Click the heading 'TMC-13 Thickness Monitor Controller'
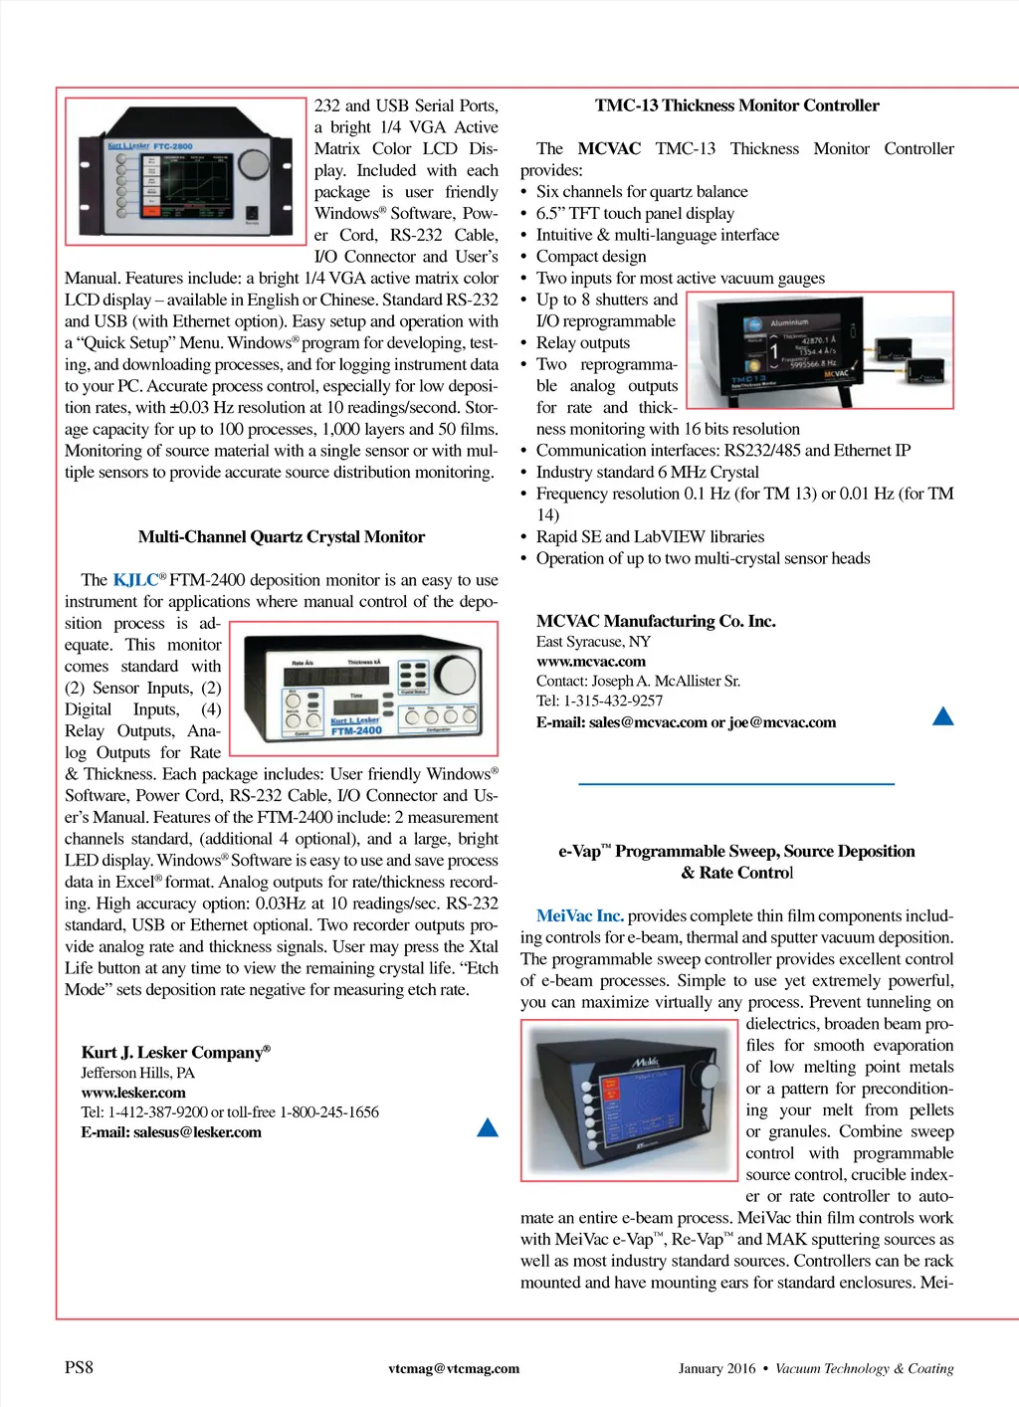736,105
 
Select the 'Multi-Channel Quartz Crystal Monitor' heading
282,537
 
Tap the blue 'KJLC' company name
135,580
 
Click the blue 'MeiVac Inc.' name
579,915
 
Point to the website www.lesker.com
133,1093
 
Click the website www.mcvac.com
590,662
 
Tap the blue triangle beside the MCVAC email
942,716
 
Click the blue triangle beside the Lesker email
488,1127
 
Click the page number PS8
79,1367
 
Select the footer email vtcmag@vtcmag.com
454,1368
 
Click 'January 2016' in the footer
716,1368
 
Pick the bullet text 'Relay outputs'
582,343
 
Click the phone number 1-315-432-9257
613,701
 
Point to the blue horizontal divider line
736,784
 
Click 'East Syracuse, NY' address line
593,642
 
